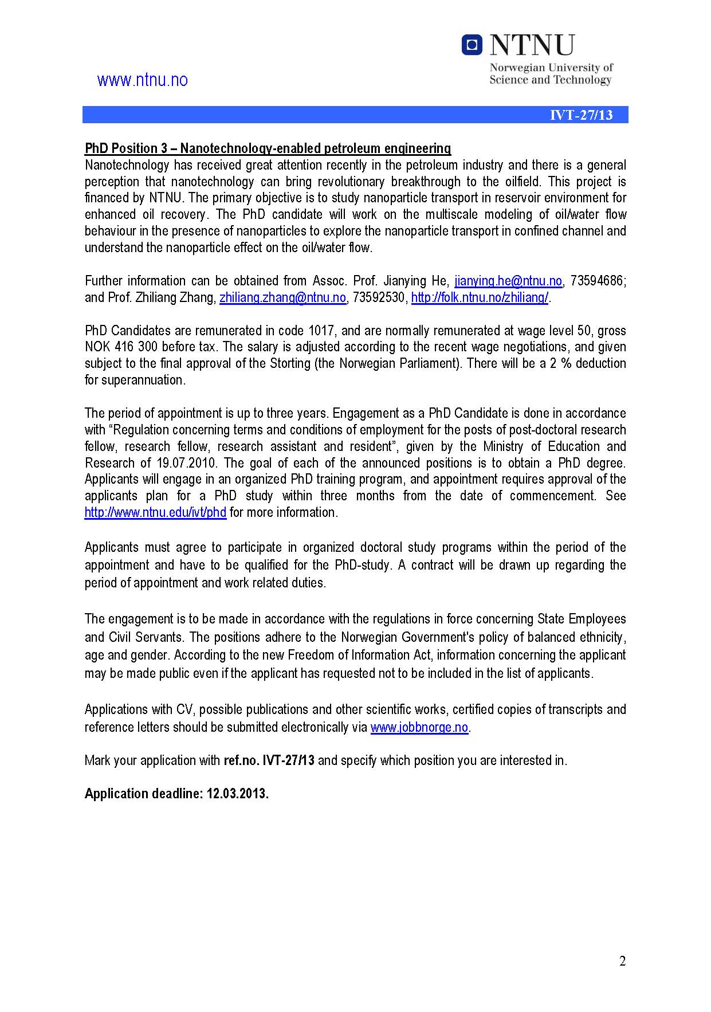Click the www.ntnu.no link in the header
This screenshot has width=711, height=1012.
(143, 80)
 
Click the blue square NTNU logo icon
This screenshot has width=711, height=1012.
(472, 45)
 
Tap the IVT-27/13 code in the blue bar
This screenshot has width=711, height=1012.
(581, 115)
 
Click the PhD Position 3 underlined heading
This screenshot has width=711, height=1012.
(268, 148)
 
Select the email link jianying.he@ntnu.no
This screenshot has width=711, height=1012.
(508, 281)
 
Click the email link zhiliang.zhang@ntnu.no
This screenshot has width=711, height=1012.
(282, 297)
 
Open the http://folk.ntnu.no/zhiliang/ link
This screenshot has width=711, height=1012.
(480, 297)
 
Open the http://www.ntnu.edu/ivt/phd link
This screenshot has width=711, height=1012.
(155, 512)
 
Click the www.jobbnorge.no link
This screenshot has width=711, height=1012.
(419, 727)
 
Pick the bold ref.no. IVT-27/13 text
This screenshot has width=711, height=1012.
(269, 760)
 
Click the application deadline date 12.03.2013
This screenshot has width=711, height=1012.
(237, 794)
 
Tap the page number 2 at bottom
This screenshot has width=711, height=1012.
(622, 962)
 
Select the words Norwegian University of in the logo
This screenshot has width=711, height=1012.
(551, 68)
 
